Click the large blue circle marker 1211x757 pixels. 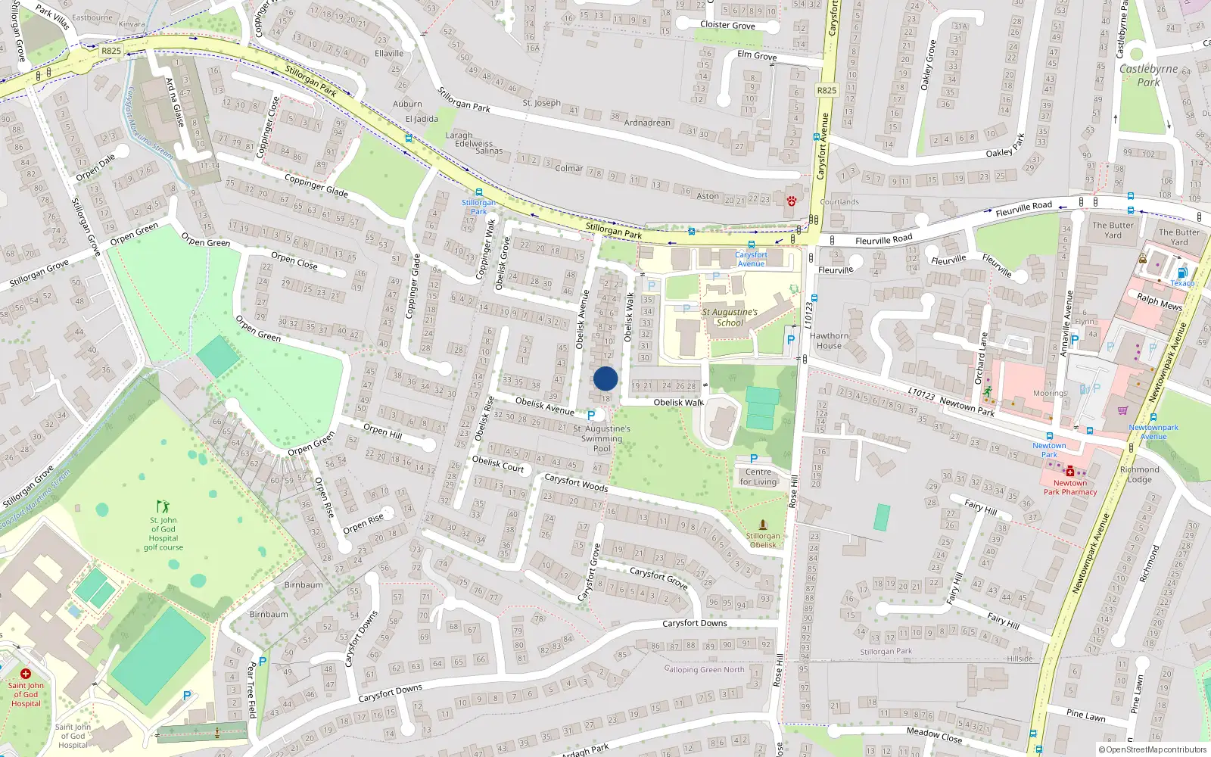tap(605, 378)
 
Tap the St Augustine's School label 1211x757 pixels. tap(730, 317)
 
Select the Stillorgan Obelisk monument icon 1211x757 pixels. tap(763, 525)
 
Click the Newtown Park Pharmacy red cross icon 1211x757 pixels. tap(1070, 472)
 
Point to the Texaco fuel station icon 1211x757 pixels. tap(1182, 273)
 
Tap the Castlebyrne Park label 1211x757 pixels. tap(1148, 75)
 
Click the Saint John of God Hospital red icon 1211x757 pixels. tap(26, 673)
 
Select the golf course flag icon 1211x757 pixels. tap(163, 506)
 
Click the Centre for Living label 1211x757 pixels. tap(758, 477)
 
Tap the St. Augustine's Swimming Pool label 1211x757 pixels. tap(602, 438)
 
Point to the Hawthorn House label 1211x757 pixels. tap(829, 341)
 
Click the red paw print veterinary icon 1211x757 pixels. tap(791, 201)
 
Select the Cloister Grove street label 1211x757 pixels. tap(727, 25)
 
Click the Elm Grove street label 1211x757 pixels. tap(757, 55)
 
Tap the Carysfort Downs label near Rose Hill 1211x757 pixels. tap(694, 623)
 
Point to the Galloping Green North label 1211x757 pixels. tap(705, 669)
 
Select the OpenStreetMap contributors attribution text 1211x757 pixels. tap(1153, 749)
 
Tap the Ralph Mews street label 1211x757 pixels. tap(1159, 301)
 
